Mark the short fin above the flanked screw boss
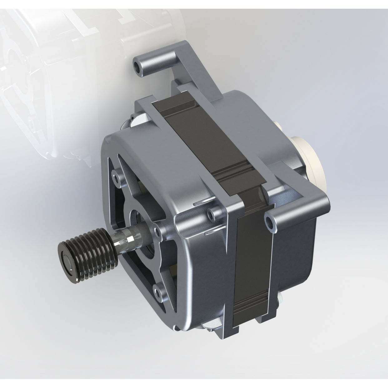pyautogui.click(x=200, y=203)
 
